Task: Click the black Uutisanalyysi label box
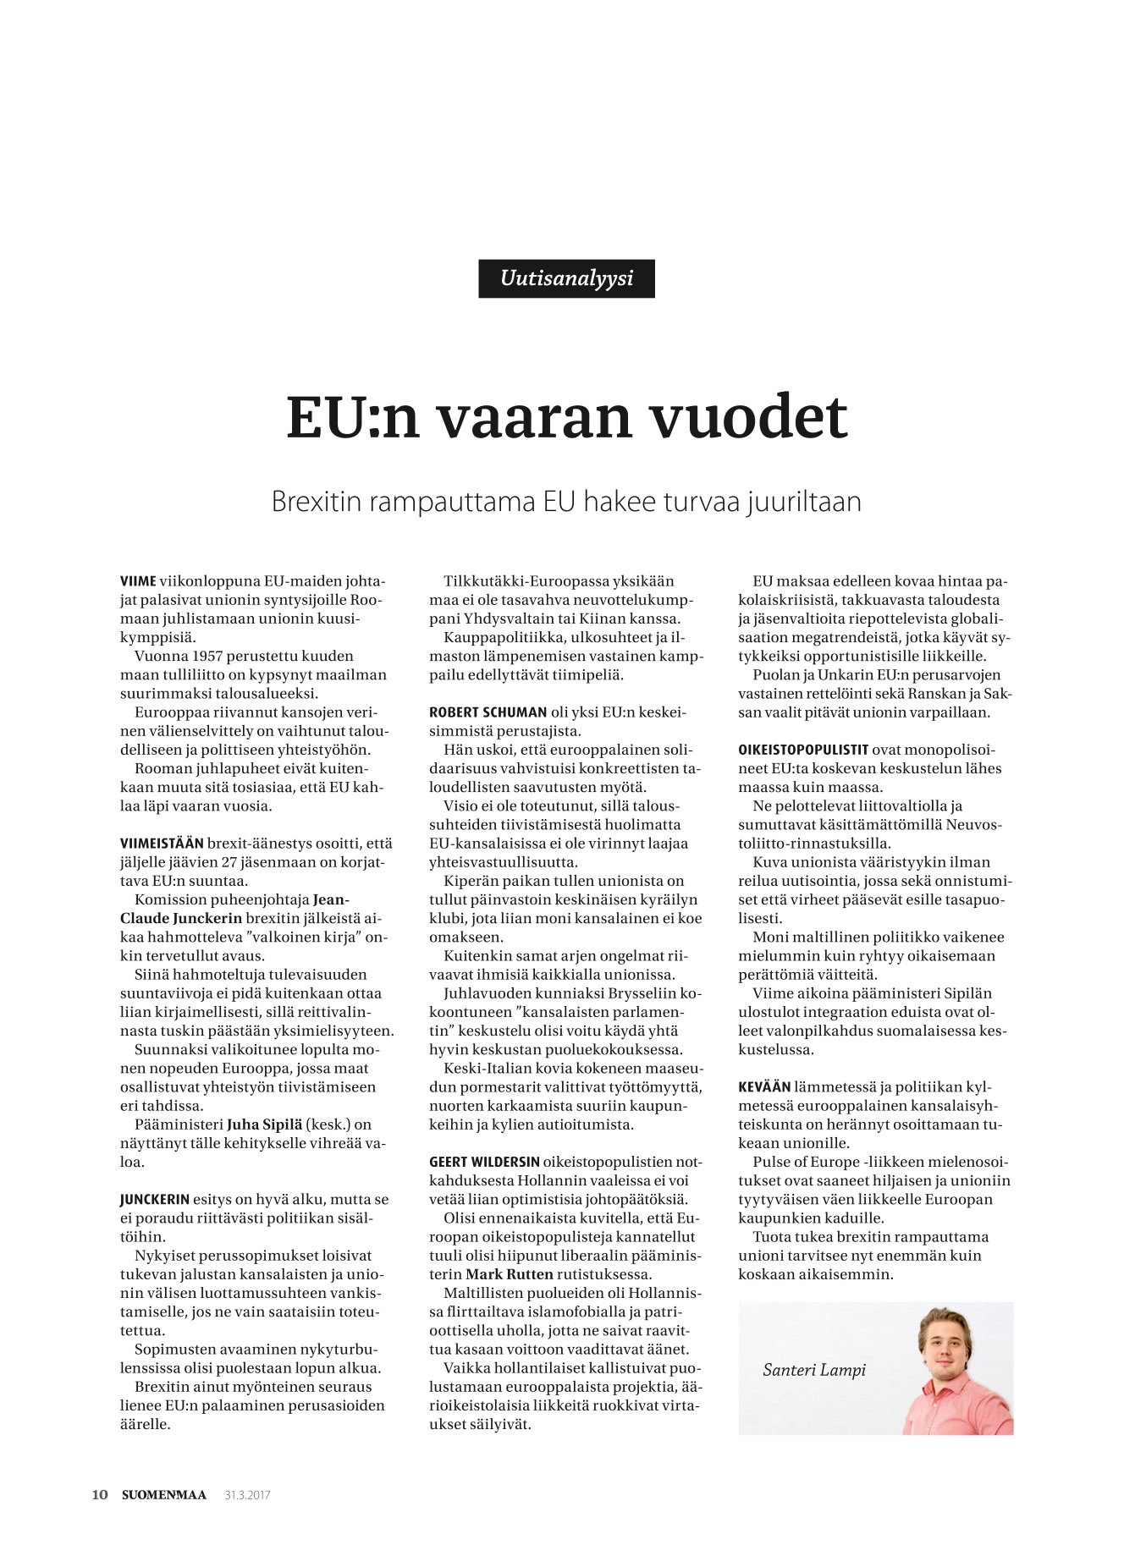point(566,278)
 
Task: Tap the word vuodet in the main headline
point(747,417)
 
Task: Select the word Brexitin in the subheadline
point(316,502)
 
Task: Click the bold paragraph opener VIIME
point(139,581)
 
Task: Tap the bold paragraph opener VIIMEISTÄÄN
point(162,844)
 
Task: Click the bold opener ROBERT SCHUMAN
point(488,712)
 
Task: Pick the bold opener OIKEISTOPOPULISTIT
point(803,751)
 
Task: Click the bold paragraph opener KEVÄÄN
point(764,1087)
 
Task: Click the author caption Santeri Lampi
point(814,1370)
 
